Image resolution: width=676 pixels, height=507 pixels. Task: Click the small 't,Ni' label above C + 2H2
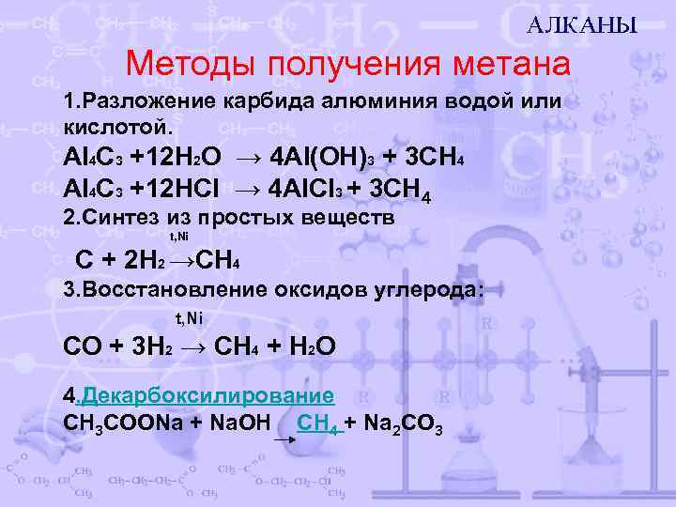coord(177,238)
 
